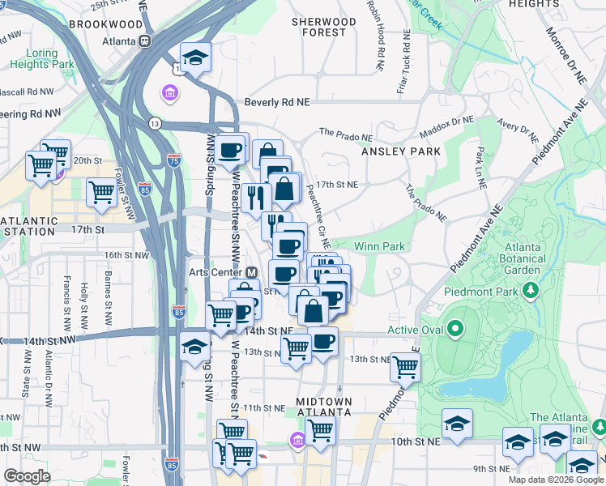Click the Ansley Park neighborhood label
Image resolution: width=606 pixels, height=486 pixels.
click(400, 151)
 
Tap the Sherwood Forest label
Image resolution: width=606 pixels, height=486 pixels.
click(323, 27)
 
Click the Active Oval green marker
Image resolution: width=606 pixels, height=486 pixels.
click(455, 329)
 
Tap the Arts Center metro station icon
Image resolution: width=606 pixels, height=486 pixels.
click(252, 272)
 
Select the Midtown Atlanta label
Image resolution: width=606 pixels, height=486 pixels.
click(324, 407)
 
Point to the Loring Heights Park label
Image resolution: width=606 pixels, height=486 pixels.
click(41, 58)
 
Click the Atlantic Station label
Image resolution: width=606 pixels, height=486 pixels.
click(29, 226)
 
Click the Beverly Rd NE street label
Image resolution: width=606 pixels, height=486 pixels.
click(278, 103)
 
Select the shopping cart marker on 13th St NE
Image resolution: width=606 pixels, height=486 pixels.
click(297, 349)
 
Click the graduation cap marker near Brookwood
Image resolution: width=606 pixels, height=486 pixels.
click(195, 58)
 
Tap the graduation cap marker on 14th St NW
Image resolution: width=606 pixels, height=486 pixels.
click(194, 347)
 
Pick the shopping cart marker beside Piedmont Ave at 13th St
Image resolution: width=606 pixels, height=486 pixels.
click(405, 366)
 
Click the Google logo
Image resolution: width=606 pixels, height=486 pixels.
click(27, 476)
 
